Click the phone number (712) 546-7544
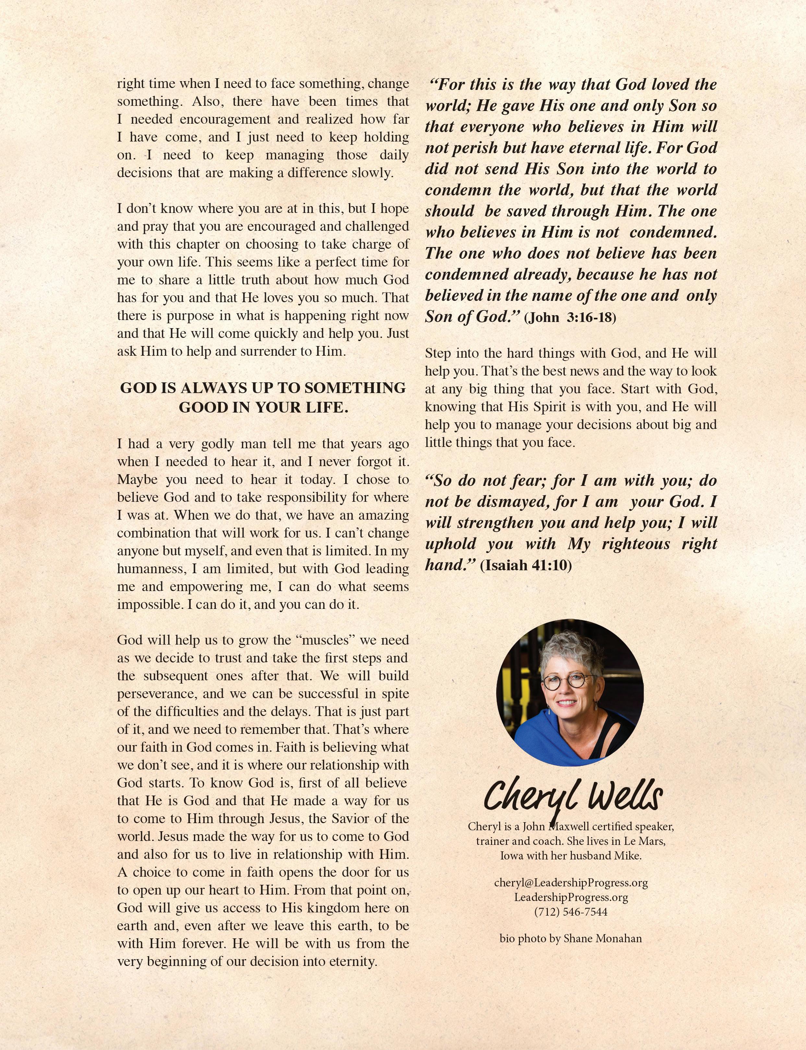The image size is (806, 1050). point(571,912)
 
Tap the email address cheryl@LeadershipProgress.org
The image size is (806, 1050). point(571,883)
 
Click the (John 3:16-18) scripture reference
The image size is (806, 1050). point(570,318)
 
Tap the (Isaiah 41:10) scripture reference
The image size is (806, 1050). point(526,565)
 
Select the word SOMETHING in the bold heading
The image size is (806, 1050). point(355,388)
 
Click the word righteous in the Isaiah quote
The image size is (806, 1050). point(636,544)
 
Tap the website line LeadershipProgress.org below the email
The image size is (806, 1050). point(571,897)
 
